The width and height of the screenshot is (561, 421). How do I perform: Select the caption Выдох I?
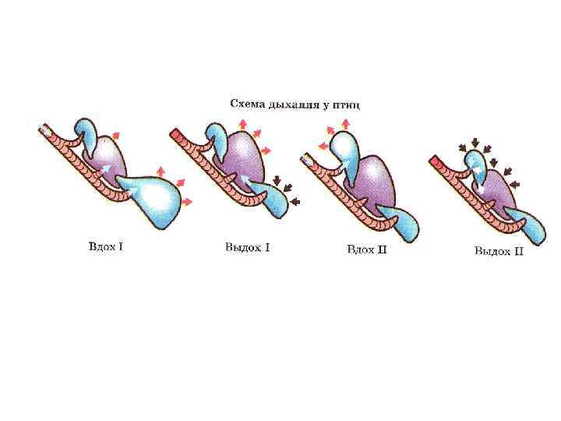tap(247, 248)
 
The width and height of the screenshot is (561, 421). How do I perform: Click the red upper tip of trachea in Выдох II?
tap(436, 162)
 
